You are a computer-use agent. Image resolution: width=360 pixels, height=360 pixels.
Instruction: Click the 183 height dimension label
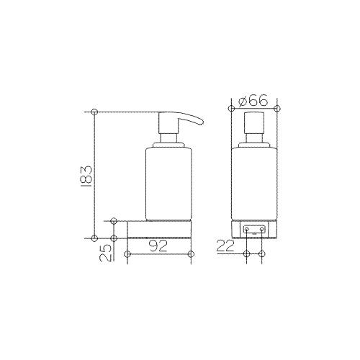click(x=86, y=176)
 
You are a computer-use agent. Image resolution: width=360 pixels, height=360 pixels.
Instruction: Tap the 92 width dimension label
click(x=158, y=246)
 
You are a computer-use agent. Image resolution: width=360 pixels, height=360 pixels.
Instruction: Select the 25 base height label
click(x=106, y=253)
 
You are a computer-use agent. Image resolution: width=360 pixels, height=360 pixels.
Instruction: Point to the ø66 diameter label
click(x=253, y=100)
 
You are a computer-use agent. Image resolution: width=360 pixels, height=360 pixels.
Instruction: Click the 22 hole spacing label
click(x=225, y=246)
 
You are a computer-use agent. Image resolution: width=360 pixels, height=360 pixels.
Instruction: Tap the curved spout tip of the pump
click(x=201, y=122)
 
